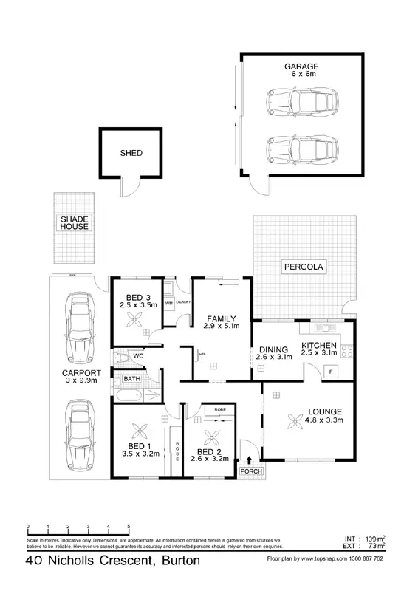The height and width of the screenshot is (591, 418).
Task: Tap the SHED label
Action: pos(131,154)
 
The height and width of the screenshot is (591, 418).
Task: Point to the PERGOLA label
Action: pos(303,266)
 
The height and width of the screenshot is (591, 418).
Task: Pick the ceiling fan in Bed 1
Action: pos(138,431)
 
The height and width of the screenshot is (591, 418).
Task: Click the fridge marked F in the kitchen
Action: pos(332,371)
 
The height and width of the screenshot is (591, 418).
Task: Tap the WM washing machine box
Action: pos(168,303)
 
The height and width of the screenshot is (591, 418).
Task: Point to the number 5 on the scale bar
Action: pos(129,527)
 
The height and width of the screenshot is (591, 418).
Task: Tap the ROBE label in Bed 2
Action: pos(219,409)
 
